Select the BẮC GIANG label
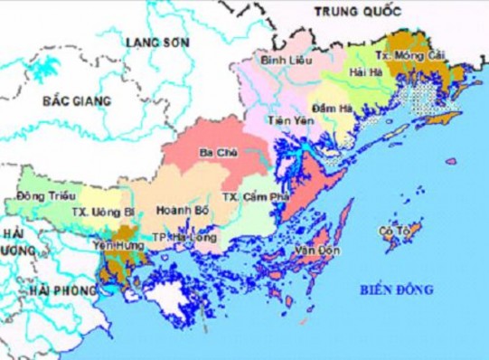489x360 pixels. [x=76, y=100]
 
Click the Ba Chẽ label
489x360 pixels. [x=221, y=153]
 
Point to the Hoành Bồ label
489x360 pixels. [x=177, y=210]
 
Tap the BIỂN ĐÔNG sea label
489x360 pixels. [x=396, y=289]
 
